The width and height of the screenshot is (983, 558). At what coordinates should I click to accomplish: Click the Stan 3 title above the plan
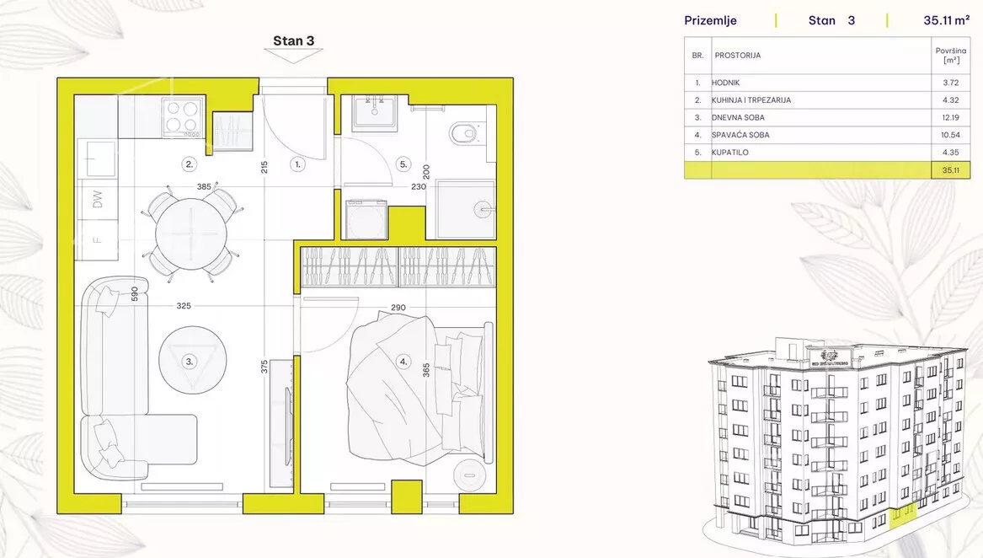pyautogui.click(x=293, y=40)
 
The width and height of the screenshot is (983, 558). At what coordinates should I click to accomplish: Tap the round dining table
pyautogui.click(x=190, y=233)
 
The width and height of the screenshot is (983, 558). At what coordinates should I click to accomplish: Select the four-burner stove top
pyautogui.click(x=183, y=117)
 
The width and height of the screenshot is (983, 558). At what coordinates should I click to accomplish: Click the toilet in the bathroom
pyautogui.click(x=464, y=133)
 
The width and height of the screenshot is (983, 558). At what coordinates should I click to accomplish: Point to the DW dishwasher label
pyautogui.click(x=97, y=199)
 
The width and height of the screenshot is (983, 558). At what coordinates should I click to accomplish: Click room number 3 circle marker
pyautogui.click(x=189, y=361)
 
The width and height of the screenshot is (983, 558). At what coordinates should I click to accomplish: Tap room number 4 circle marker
pyautogui.click(x=403, y=361)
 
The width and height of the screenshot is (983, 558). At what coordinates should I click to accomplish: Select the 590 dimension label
pyautogui.click(x=134, y=294)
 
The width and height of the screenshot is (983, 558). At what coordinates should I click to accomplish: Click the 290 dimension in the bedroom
pyautogui.click(x=398, y=308)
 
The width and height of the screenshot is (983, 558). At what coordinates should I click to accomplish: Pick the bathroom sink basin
pyautogui.click(x=374, y=114)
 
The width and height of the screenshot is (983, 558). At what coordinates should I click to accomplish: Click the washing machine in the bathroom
pyautogui.click(x=366, y=219)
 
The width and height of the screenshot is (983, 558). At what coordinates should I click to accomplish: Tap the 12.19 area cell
pyautogui.click(x=950, y=117)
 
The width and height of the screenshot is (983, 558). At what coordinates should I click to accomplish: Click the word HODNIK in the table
pyautogui.click(x=725, y=83)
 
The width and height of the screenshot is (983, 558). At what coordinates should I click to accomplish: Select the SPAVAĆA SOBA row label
pyautogui.click(x=740, y=135)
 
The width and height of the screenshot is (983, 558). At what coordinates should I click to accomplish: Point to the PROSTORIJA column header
pyautogui.click(x=738, y=56)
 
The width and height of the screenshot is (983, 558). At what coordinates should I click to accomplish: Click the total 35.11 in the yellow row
pyautogui.click(x=950, y=170)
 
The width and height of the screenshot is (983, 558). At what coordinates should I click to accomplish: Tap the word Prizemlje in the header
pyautogui.click(x=710, y=21)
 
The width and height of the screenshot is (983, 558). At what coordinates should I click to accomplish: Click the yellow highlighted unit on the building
pyautogui.click(x=903, y=513)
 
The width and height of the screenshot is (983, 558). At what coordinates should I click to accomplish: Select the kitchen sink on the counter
pyautogui.click(x=97, y=158)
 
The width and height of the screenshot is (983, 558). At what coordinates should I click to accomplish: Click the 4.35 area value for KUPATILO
pyautogui.click(x=950, y=153)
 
